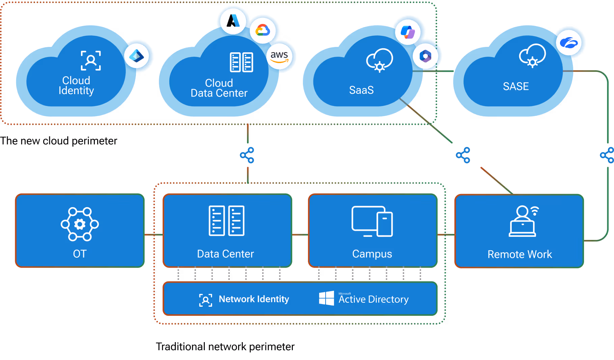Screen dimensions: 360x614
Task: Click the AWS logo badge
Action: pos(279,56)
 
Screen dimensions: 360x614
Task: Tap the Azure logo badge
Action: pos(233,21)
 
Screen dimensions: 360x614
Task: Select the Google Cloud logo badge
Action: pos(263,31)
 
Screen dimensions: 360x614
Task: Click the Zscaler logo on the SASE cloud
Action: pos(569,43)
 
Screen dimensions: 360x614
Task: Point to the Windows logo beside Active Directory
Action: pos(326,299)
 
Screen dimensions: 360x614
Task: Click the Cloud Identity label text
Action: pos(76,85)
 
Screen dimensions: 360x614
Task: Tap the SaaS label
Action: pos(361,90)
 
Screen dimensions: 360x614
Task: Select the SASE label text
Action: pos(516,86)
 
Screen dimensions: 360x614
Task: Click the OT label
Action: pos(80,254)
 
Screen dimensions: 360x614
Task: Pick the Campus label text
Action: pos(372,254)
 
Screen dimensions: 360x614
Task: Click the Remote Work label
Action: pos(520,254)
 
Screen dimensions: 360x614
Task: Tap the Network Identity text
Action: pos(254,299)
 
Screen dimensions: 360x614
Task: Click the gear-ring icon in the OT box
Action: pos(80,224)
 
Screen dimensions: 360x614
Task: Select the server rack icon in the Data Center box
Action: pos(226,221)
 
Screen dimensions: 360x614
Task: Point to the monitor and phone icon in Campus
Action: pos(372,221)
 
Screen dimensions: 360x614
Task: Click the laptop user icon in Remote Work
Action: pos(523,221)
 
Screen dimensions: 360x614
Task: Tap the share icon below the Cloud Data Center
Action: pos(247,155)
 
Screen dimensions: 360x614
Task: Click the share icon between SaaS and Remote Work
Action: pos(463,155)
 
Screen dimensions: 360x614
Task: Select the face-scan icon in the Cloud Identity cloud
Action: pos(91,60)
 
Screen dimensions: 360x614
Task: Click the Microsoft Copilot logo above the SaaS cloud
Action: pos(408,32)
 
